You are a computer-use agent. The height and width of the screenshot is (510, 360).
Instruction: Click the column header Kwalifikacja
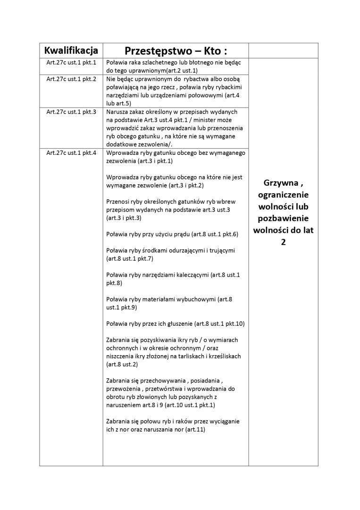pyautogui.click(x=71, y=51)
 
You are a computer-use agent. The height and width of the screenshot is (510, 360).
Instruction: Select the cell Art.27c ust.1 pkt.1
pyautogui.click(x=71, y=62)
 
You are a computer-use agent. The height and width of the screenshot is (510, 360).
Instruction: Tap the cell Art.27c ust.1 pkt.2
pyautogui.click(x=71, y=79)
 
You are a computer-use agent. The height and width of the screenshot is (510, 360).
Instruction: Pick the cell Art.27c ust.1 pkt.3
pyautogui.click(x=71, y=112)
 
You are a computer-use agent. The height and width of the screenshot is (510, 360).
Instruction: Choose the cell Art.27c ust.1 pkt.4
pyautogui.click(x=71, y=153)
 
